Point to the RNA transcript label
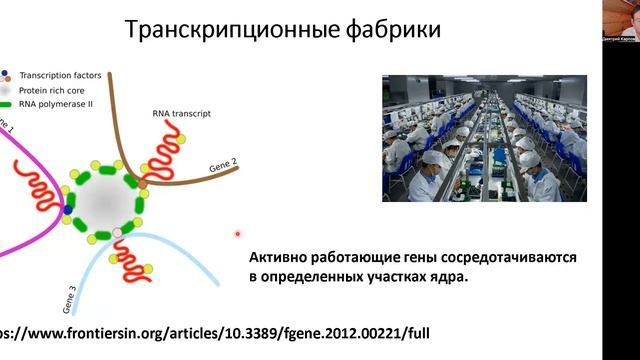click(x=181, y=114)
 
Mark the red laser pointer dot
click(x=238, y=234)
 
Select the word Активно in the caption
click(x=278, y=257)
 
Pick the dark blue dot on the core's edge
click(x=68, y=211)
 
